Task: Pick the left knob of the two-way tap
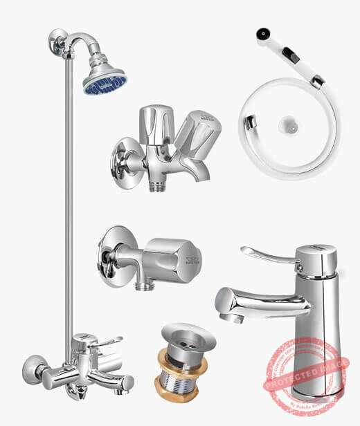coord(151,124)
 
